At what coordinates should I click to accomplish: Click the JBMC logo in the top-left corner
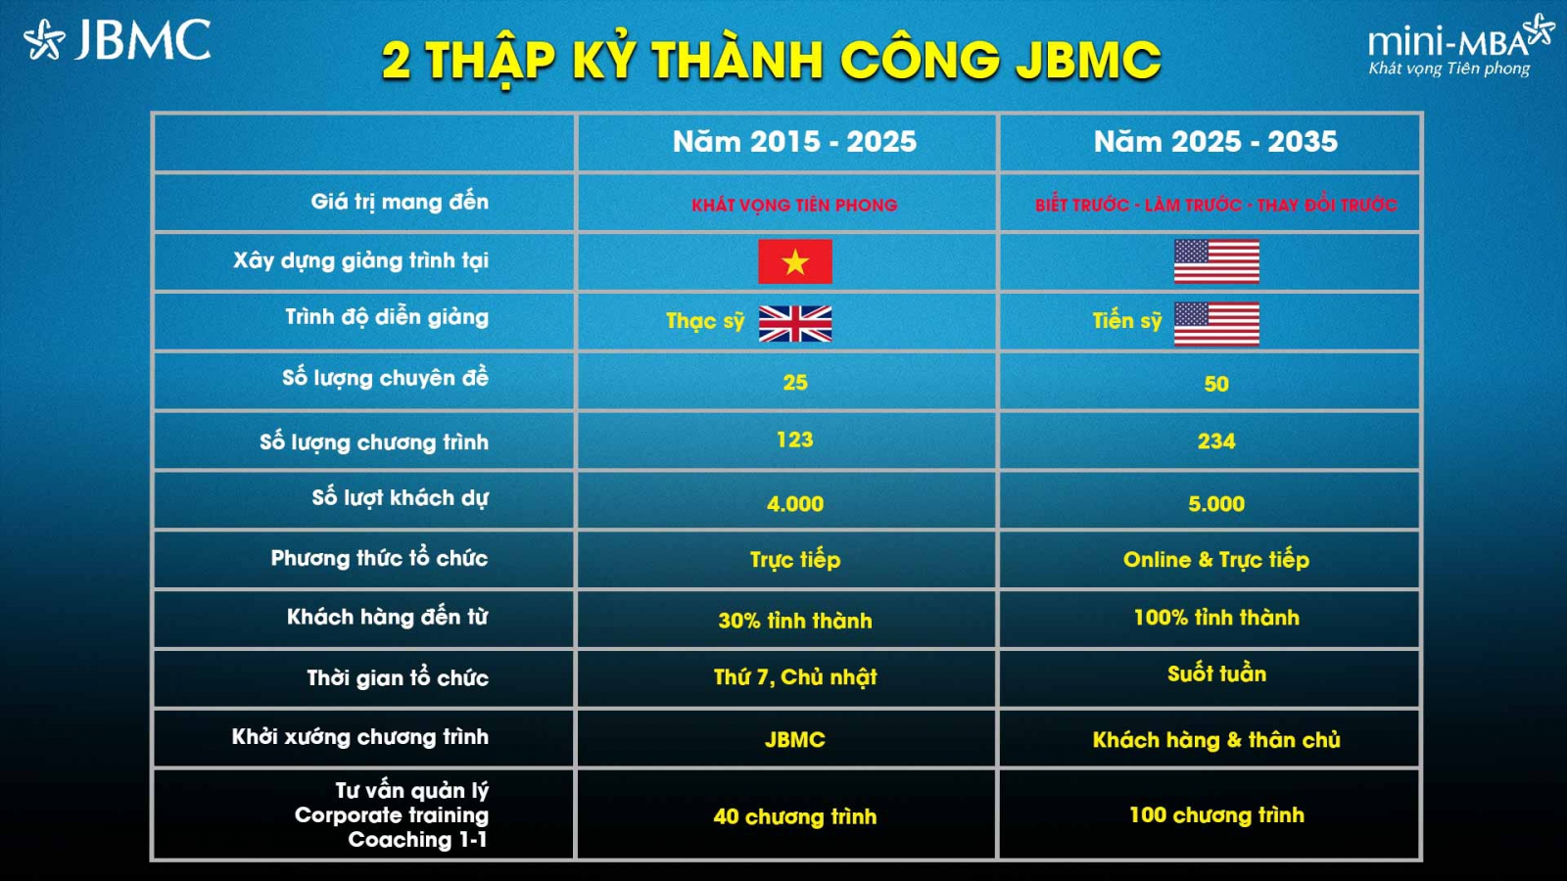pyautogui.click(x=117, y=39)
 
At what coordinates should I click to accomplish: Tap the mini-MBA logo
pyautogui.click(x=1460, y=45)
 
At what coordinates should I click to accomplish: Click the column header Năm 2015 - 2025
pyautogui.click(x=794, y=141)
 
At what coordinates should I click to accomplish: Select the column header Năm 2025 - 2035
pyautogui.click(x=1215, y=141)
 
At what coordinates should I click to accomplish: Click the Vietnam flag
pyautogui.click(x=795, y=261)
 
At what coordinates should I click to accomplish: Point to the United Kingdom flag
pyautogui.click(x=795, y=324)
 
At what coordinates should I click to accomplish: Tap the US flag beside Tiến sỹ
pyautogui.click(x=1216, y=324)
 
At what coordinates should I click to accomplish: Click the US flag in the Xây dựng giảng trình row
pyautogui.click(x=1216, y=261)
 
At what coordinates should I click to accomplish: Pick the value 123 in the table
pyautogui.click(x=794, y=440)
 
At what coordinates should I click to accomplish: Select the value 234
pyautogui.click(x=1216, y=441)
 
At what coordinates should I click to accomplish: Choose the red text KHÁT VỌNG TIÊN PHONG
pyautogui.click(x=794, y=205)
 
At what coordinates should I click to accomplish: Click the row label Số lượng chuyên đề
pyautogui.click(x=386, y=378)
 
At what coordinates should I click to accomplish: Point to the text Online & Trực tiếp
pyautogui.click(x=1216, y=559)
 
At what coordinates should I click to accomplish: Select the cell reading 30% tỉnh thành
pyautogui.click(x=795, y=621)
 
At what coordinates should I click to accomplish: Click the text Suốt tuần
pyautogui.click(x=1216, y=673)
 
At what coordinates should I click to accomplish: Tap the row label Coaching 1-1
pyautogui.click(x=417, y=840)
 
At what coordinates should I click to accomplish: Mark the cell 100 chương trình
pyautogui.click(x=1216, y=814)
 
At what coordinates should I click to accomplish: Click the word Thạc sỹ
pyautogui.click(x=705, y=321)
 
